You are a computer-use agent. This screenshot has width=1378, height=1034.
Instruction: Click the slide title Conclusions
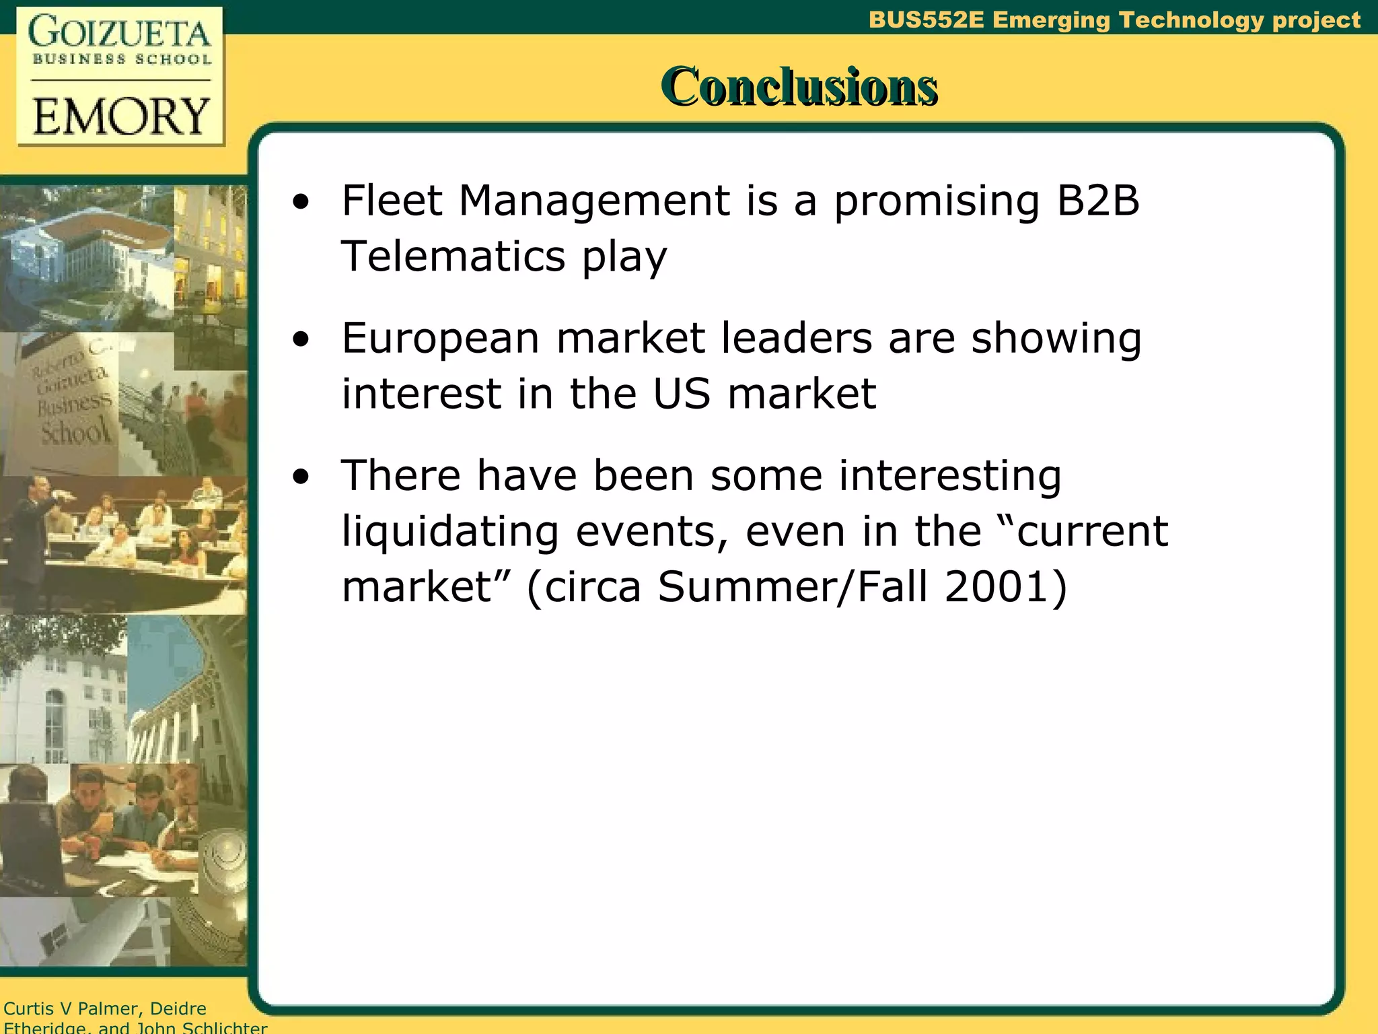pyautogui.click(x=799, y=87)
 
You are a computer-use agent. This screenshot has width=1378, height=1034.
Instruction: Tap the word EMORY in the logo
pyautogui.click(x=120, y=116)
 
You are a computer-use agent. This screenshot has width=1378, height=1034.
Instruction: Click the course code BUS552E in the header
pyautogui.click(x=926, y=20)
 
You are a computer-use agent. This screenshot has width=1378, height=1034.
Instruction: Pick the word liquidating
pyautogui.click(x=450, y=532)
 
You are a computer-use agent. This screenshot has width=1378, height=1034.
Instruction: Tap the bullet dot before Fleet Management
pyautogui.click(x=301, y=202)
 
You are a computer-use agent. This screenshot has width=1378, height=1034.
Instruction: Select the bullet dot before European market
pyautogui.click(x=301, y=339)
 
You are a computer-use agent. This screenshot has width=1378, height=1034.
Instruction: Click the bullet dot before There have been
pyautogui.click(x=301, y=477)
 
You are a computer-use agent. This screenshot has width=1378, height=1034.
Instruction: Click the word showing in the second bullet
pyautogui.click(x=1056, y=339)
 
